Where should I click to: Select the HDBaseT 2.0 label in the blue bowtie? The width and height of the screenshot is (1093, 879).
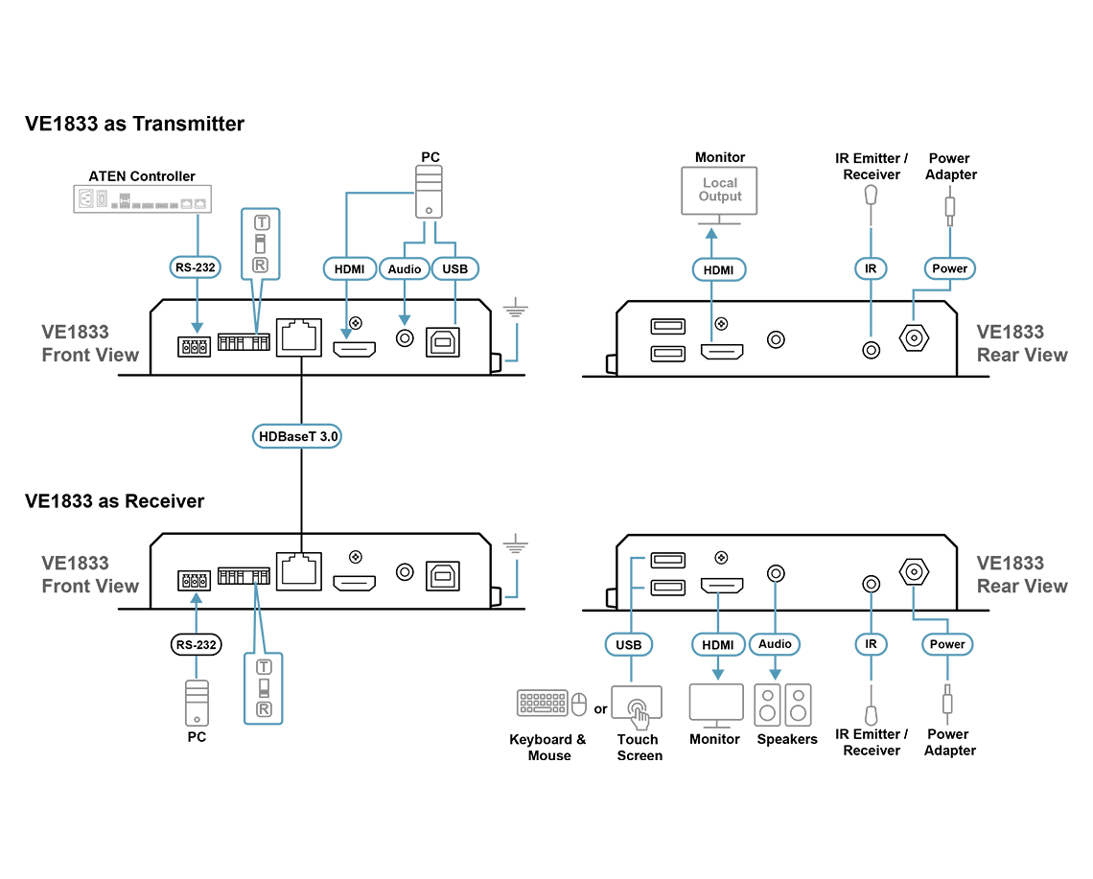(300, 437)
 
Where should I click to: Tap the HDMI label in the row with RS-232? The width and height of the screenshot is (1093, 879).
(347, 268)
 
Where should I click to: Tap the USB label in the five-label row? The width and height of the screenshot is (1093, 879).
(629, 643)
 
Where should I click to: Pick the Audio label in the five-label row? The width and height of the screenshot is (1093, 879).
(775, 643)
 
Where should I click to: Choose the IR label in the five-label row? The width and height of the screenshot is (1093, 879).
(872, 643)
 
